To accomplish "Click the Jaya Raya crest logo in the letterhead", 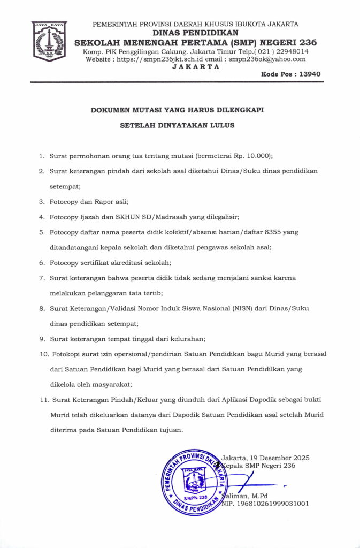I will click(x=49, y=41).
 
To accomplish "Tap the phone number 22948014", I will click(x=287, y=51).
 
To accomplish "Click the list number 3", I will click(x=41, y=202).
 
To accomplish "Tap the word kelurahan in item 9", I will click(x=183, y=339).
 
